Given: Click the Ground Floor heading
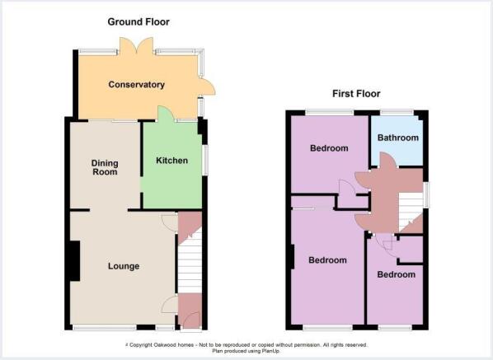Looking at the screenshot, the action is pyautogui.click(x=139, y=21).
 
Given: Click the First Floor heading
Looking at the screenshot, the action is pyautogui.click(x=356, y=94).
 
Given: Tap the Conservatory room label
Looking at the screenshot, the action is pyautogui.click(x=137, y=85).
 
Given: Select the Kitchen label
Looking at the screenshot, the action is pyautogui.click(x=172, y=161).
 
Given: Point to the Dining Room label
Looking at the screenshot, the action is pyautogui.click(x=105, y=167).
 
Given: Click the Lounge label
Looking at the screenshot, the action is pyautogui.click(x=124, y=266).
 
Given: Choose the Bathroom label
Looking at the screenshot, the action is pyautogui.click(x=398, y=138).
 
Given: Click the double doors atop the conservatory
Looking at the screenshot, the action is pyautogui.click(x=136, y=46).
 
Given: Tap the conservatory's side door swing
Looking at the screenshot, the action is pyautogui.click(x=207, y=86).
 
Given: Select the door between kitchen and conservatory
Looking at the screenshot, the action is pyautogui.click(x=166, y=114).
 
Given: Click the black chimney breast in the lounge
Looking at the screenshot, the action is pyautogui.click(x=74, y=261).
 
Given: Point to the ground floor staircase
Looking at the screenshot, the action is pyautogui.click(x=190, y=260).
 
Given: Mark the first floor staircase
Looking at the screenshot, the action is pyautogui.click(x=411, y=212).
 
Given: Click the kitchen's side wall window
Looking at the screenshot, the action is pyautogui.click(x=205, y=160).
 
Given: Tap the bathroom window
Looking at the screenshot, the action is pyautogui.click(x=397, y=112).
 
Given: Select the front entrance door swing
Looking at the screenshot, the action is pyautogui.click(x=191, y=320).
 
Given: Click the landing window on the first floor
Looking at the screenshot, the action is pyautogui.click(x=426, y=195).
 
